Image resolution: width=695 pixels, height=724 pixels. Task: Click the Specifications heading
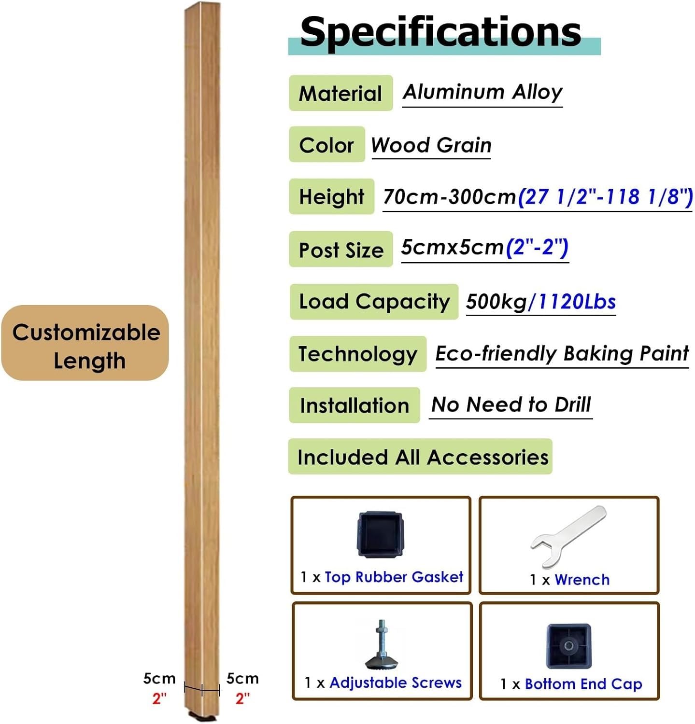click(x=440, y=32)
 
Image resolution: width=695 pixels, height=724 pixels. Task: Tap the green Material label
click(x=340, y=93)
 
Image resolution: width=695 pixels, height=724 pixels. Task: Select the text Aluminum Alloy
click(x=482, y=92)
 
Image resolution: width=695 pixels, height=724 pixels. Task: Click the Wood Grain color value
click(x=431, y=145)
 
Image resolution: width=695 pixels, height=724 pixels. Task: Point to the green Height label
click(x=331, y=196)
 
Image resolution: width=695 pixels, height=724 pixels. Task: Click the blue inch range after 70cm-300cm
click(x=606, y=196)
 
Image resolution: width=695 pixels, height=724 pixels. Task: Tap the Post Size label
click(x=340, y=249)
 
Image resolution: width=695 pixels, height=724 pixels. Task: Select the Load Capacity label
click(x=374, y=302)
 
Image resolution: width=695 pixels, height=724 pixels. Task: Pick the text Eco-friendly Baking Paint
click(x=562, y=354)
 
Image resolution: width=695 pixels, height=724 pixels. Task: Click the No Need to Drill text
click(x=511, y=404)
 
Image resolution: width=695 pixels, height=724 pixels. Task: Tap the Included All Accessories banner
click(x=420, y=457)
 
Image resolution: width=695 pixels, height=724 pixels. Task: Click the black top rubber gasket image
click(x=380, y=535)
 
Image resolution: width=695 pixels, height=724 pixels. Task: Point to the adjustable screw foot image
click(x=382, y=645)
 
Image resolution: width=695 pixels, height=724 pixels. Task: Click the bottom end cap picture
click(x=569, y=646)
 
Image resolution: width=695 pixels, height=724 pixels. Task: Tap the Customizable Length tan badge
click(x=85, y=343)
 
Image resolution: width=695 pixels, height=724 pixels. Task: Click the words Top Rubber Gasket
click(x=394, y=577)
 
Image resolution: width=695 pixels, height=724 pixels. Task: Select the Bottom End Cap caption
click(x=583, y=683)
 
